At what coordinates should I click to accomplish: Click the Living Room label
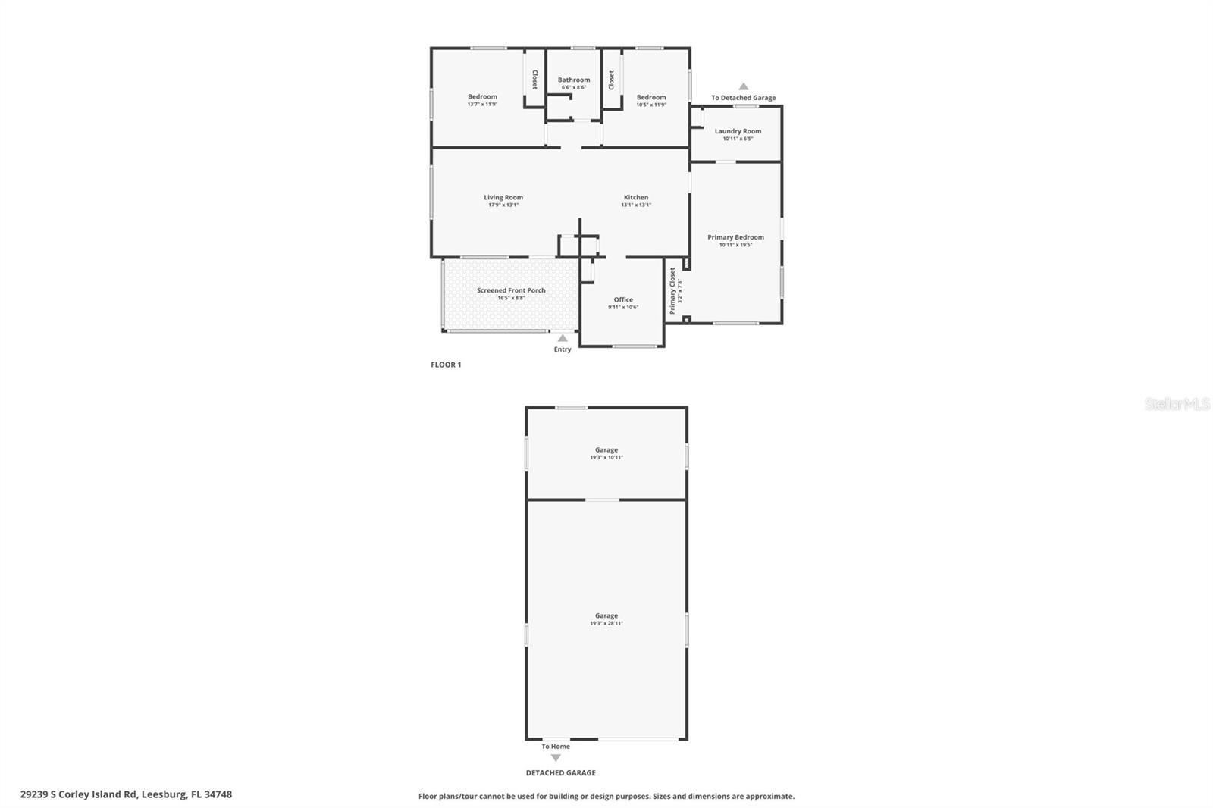point(503,198)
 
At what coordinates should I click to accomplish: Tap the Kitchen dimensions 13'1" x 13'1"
point(636,205)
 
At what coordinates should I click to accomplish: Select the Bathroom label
point(574,80)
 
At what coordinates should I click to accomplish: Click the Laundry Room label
point(738,131)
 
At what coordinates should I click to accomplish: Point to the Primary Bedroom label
point(735,237)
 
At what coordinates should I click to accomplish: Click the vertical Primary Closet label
point(672,290)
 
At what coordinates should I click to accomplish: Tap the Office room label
point(623,299)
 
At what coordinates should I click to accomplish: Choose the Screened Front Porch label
point(511,290)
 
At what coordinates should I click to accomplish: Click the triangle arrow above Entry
point(563,338)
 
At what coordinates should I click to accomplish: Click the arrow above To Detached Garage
point(744,86)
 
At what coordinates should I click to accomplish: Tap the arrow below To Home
point(556,758)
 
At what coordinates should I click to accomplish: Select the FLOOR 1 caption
point(446,365)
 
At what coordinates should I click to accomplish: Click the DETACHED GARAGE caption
point(561,773)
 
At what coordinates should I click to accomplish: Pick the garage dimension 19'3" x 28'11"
point(606,624)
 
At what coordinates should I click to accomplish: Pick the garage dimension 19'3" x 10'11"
point(606,458)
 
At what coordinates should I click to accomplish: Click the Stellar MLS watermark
point(1177,405)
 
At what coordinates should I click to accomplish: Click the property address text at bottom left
point(126,794)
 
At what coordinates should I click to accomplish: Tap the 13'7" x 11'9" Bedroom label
point(482,97)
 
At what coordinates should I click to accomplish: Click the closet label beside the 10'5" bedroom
point(612,80)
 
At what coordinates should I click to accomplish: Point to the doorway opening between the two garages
point(603,500)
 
